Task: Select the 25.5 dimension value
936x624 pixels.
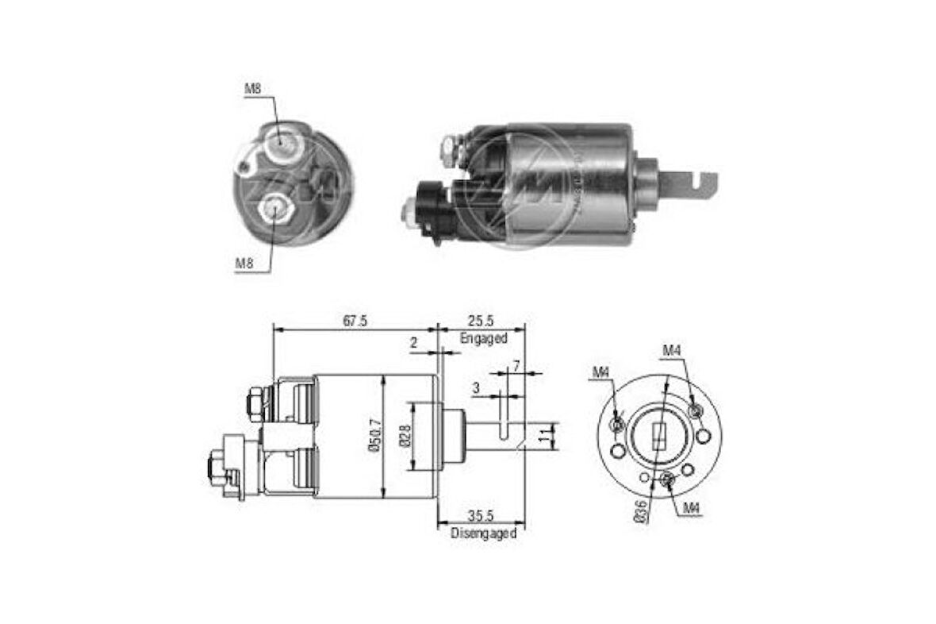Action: coord(481,320)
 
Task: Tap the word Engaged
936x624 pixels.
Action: coord(483,337)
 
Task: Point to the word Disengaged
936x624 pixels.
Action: coord(483,533)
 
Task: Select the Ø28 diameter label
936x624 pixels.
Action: coord(405,436)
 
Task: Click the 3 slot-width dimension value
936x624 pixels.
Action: coord(475,387)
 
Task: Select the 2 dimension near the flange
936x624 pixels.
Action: coord(414,343)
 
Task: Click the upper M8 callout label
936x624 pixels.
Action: coord(252,90)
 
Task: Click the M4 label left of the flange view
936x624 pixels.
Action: coord(600,372)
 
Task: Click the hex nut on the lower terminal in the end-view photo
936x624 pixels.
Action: coord(274,209)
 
